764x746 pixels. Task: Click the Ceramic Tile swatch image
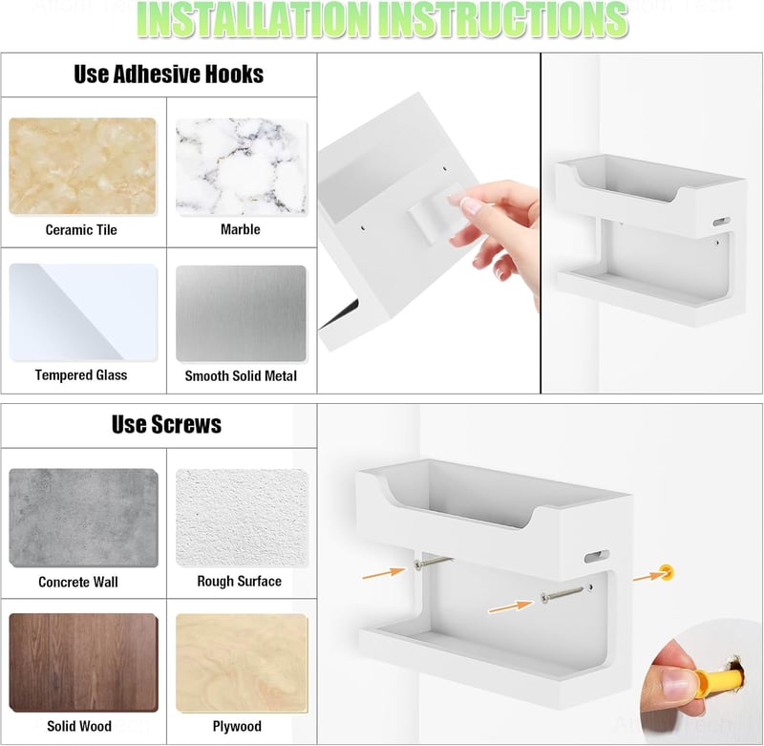(x=82, y=165)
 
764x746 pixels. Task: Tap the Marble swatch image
(x=242, y=167)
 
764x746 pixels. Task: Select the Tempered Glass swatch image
(x=83, y=312)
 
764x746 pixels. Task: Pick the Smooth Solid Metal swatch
(x=241, y=313)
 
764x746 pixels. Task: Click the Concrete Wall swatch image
(x=83, y=518)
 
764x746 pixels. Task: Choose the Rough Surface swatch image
(x=242, y=518)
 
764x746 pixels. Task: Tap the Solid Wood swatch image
(x=83, y=663)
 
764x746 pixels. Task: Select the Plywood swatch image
(x=242, y=663)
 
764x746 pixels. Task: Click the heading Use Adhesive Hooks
(x=169, y=75)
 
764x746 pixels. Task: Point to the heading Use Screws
(x=166, y=424)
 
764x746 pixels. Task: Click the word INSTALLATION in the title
(x=252, y=19)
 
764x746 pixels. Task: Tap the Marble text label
(x=241, y=229)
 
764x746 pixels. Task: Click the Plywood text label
(x=237, y=726)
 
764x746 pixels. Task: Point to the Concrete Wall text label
(x=78, y=582)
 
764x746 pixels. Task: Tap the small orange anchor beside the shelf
(x=667, y=571)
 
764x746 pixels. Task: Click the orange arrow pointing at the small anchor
(x=648, y=576)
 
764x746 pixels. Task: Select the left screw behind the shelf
(x=434, y=563)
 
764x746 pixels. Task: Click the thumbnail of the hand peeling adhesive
(x=429, y=224)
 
